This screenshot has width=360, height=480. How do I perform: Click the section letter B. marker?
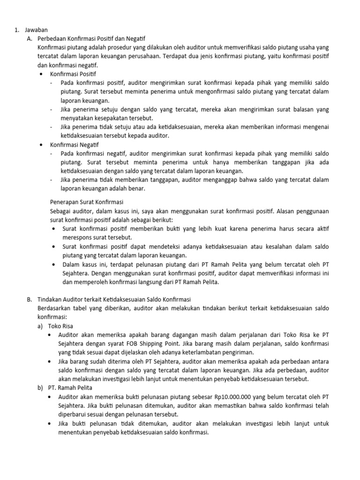click(x=30, y=300)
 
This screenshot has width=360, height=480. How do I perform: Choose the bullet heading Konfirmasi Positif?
click(x=70, y=74)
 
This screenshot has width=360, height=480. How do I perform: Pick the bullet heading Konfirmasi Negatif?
click(x=71, y=144)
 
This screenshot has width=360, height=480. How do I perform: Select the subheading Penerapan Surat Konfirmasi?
click(x=82, y=202)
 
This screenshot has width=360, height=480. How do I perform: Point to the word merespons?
click(x=78, y=237)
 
